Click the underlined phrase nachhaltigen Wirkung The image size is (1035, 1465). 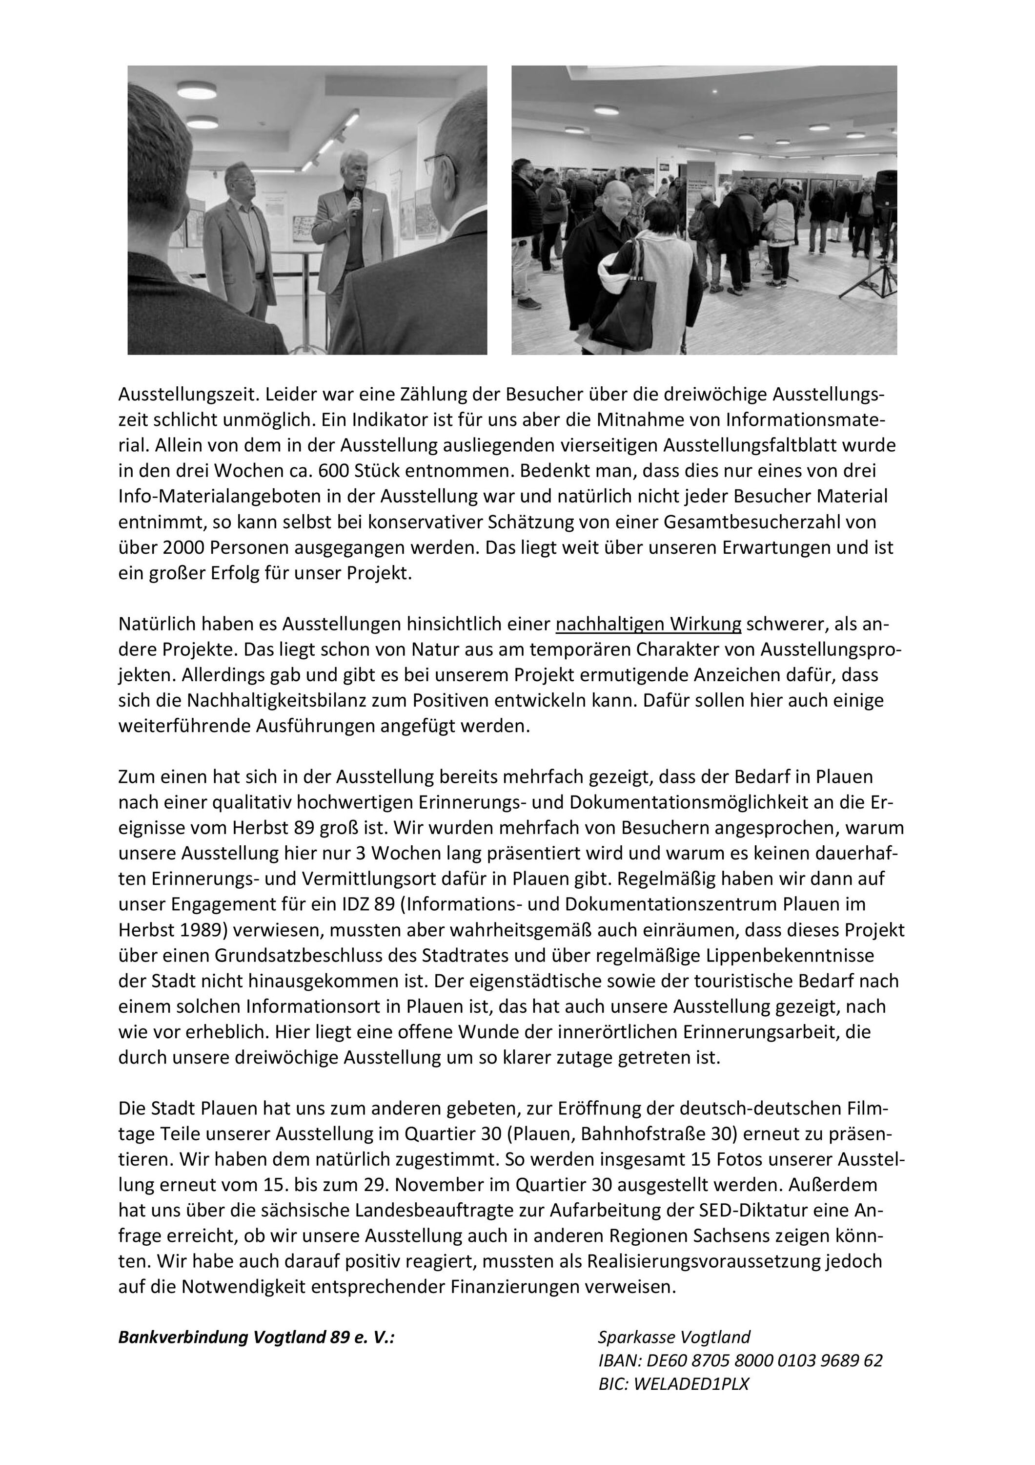(648, 624)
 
